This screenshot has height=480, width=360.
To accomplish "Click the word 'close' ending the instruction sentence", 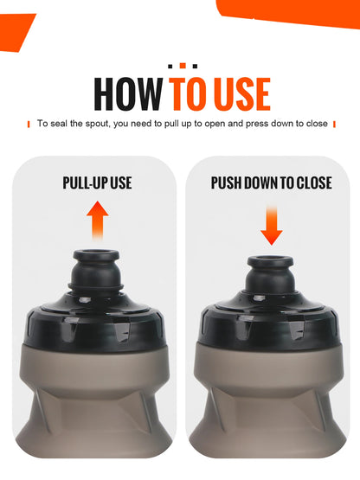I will [x=317, y=124].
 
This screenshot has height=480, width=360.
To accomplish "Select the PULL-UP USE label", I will [x=97, y=182].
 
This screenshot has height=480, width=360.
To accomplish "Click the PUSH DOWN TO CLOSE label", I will [x=271, y=182].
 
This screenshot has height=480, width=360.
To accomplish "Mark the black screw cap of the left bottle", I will [x=97, y=324].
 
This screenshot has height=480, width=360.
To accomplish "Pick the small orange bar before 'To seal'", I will [x=29, y=124].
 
